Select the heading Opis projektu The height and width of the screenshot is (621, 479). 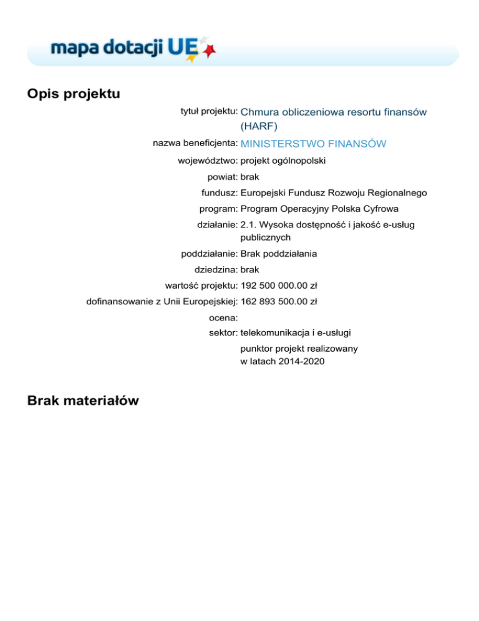[74, 94]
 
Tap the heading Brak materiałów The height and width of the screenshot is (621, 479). [83, 402]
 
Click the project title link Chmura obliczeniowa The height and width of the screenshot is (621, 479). [333, 112]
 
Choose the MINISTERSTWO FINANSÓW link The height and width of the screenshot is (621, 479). [313, 144]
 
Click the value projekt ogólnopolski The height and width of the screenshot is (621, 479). [283, 161]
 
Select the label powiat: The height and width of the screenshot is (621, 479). [222, 177]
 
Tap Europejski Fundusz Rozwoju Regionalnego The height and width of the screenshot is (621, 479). [334, 194]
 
